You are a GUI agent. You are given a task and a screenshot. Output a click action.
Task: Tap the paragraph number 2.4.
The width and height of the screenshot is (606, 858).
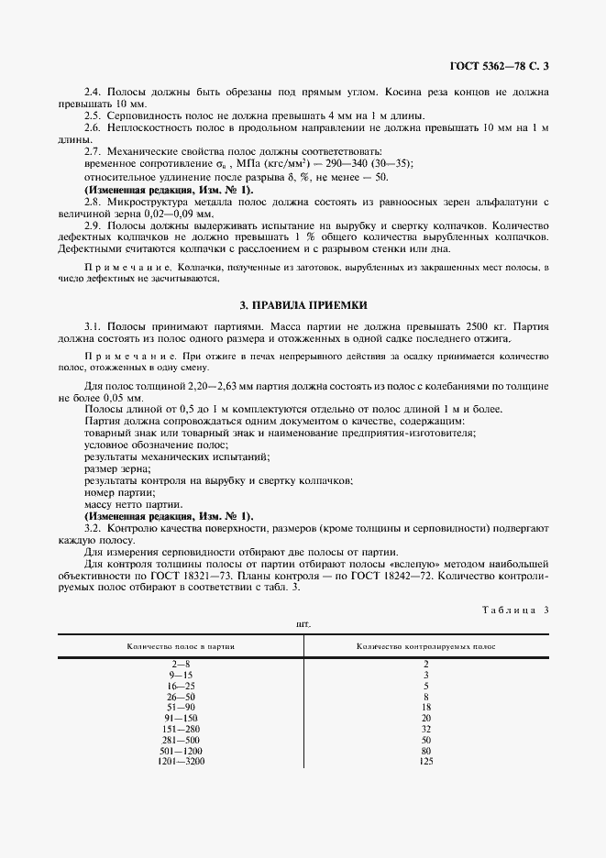click(93, 93)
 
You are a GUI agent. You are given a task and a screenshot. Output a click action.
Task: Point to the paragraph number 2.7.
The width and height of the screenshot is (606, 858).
click(93, 150)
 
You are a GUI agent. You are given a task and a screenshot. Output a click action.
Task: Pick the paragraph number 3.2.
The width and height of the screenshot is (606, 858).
click(93, 529)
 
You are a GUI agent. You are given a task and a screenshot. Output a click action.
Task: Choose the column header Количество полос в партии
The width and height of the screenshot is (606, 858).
click(181, 646)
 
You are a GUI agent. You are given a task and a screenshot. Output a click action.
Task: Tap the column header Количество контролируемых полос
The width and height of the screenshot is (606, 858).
click(425, 646)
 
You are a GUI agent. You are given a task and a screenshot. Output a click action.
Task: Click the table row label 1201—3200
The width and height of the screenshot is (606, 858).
click(181, 760)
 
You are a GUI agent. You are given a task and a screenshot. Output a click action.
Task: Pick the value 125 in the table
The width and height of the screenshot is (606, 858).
click(425, 760)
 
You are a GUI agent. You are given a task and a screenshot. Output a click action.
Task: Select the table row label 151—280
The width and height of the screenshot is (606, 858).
click(181, 728)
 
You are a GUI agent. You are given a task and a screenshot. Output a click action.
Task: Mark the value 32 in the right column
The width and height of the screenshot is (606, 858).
click(425, 728)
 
